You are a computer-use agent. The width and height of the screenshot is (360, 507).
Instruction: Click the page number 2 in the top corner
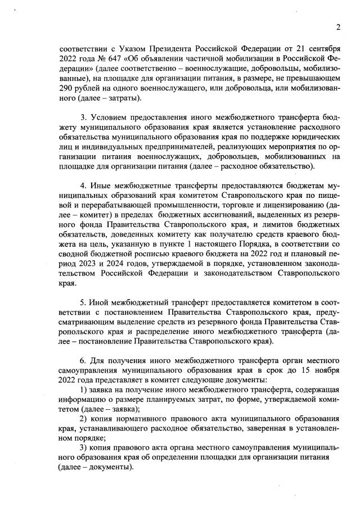[x=339, y=26]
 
